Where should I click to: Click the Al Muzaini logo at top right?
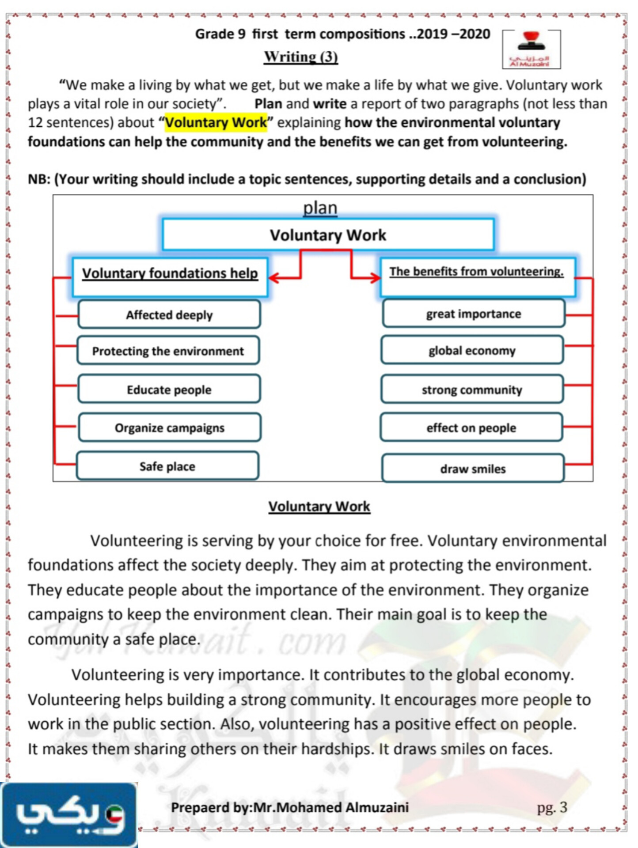coord(531,49)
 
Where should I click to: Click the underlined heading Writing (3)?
coord(301,57)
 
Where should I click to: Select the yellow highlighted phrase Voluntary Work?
coord(216,122)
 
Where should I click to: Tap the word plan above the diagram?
coord(320,208)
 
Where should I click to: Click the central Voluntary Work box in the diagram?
coord(328,235)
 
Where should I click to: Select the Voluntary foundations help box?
coord(170,276)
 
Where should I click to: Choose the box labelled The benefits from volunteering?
coord(477,276)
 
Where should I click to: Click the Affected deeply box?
coord(169,314)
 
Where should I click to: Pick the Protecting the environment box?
coord(168,351)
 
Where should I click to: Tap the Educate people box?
coord(169,389)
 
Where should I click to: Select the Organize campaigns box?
coord(170,428)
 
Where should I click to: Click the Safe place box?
coord(167,466)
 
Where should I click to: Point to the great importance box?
coord(474,314)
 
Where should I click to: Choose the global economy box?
coord(472,350)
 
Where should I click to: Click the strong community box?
coord(472,390)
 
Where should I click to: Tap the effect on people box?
coord(471,428)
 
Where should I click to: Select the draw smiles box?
coord(473,469)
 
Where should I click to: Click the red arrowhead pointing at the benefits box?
coord(376,278)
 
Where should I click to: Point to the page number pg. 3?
coord(552,807)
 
